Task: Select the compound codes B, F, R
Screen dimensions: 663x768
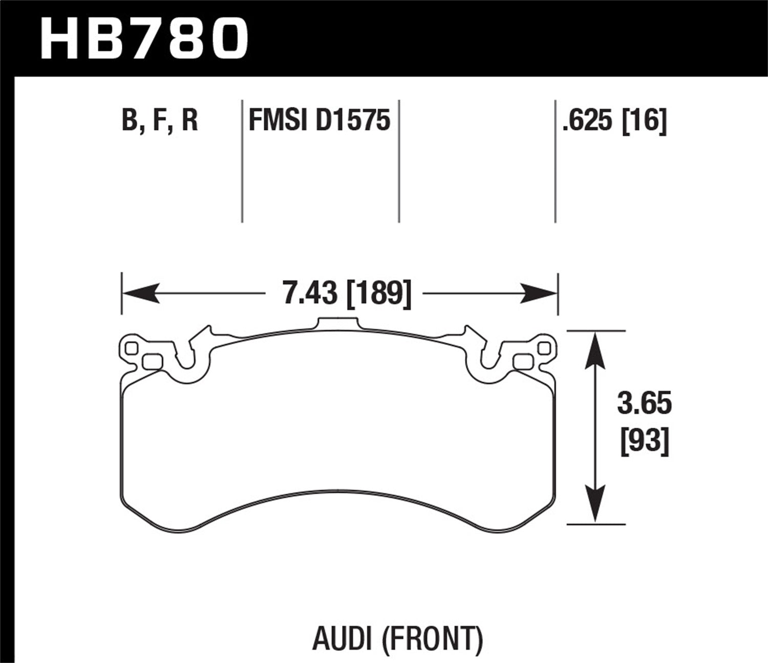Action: [x=160, y=121]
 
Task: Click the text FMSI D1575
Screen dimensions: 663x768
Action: [x=319, y=121]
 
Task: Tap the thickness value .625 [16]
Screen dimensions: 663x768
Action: [x=614, y=121]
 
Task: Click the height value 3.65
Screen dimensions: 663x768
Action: [x=644, y=404]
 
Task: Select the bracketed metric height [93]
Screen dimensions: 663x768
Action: [x=645, y=440]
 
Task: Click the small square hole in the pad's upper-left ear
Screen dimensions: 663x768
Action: [x=132, y=348]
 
